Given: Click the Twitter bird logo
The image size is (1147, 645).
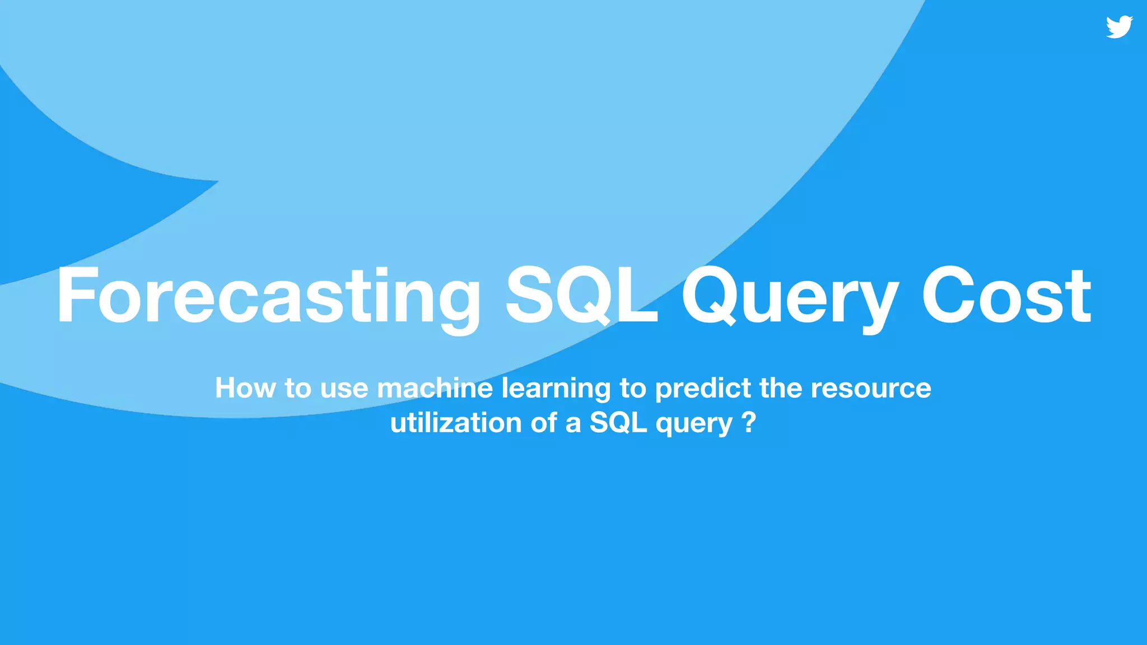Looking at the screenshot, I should point(1119,27).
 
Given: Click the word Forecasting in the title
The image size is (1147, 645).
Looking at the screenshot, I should point(268,297).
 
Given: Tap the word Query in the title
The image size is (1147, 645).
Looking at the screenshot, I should point(790,297).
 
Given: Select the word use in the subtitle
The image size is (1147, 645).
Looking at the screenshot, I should point(344,387).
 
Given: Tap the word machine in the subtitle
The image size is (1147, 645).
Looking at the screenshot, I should point(435,387).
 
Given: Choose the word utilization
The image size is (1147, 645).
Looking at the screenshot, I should point(456,422).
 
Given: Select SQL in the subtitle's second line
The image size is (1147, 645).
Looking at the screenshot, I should point(618,422).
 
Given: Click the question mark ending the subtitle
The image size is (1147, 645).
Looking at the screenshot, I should point(749,422).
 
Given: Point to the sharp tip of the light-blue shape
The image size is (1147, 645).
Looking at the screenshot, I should point(218,181).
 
